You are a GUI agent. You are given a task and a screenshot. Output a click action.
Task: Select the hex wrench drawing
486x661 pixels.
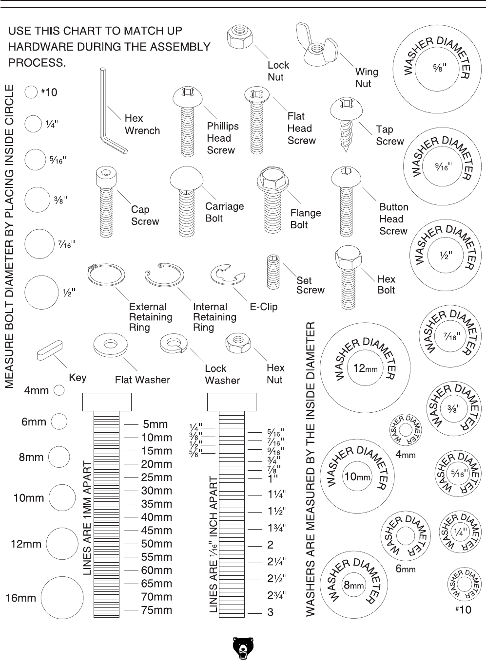(108, 112)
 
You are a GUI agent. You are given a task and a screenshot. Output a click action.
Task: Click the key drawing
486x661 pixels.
(48, 351)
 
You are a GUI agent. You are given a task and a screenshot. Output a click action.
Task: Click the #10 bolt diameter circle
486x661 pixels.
(31, 92)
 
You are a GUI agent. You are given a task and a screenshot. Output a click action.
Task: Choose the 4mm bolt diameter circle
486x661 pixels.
(59, 390)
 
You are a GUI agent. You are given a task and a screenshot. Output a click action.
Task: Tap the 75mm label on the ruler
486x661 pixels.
(156, 610)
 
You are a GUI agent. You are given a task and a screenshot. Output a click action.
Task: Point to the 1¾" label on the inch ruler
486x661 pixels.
(277, 528)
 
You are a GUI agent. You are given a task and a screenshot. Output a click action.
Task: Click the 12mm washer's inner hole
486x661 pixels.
(366, 368)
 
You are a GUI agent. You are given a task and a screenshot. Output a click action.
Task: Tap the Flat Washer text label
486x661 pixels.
(142, 379)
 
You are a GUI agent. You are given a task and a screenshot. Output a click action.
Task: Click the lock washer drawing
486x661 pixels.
(174, 344)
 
